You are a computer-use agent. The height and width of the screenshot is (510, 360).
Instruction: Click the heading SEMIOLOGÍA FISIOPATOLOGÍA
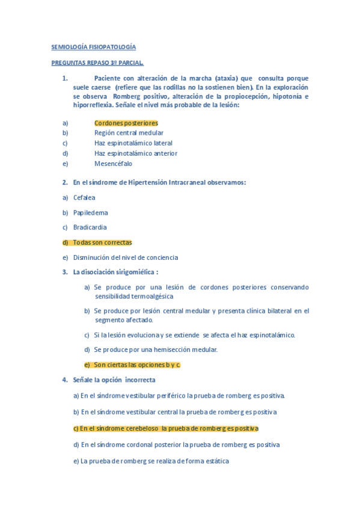[x=93, y=46]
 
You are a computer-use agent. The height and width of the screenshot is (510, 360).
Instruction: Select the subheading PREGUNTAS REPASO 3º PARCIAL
[x=97, y=62]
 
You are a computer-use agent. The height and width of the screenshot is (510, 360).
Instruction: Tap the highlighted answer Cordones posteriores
[x=126, y=123]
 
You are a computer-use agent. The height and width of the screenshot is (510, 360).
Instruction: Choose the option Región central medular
[x=129, y=133]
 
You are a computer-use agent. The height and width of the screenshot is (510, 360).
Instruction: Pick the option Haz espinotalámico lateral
[x=133, y=143]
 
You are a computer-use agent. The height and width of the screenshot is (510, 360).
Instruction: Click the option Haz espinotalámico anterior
[x=135, y=153]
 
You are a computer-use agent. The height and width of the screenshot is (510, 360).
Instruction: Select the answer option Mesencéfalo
[x=113, y=164]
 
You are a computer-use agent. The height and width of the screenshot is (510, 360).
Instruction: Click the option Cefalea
[x=84, y=197]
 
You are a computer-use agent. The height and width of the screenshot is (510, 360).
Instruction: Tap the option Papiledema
[x=90, y=212]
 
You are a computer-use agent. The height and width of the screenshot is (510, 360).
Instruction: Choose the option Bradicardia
[x=90, y=227]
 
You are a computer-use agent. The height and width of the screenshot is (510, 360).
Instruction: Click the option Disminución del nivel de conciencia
[x=125, y=257]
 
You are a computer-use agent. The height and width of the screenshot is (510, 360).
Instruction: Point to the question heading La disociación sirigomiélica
[x=115, y=272]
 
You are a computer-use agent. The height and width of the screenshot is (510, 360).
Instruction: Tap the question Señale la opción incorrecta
[x=114, y=380]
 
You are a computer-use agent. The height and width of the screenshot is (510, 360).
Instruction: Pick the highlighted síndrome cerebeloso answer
[x=165, y=429]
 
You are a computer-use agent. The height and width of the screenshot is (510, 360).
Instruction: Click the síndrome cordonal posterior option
[x=176, y=445]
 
